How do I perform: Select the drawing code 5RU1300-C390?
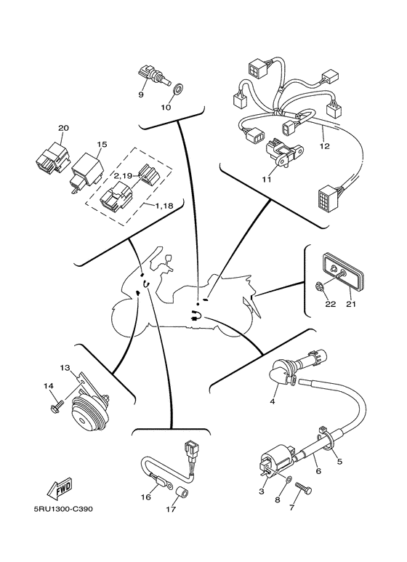coord(63,509)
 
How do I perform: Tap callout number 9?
coord(141,95)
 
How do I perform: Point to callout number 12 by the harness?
coord(325,146)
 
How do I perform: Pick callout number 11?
coord(266,179)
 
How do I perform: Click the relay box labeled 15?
coord(87,167)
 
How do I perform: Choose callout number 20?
coord(63,128)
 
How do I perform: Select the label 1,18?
coord(164,206)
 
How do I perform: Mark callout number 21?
coord(351,304)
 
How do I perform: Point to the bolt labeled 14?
coord(57,406)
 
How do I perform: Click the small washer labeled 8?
coord(289,478)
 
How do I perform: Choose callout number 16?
coord(146,497)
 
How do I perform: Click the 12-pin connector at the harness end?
coord(328,198)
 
